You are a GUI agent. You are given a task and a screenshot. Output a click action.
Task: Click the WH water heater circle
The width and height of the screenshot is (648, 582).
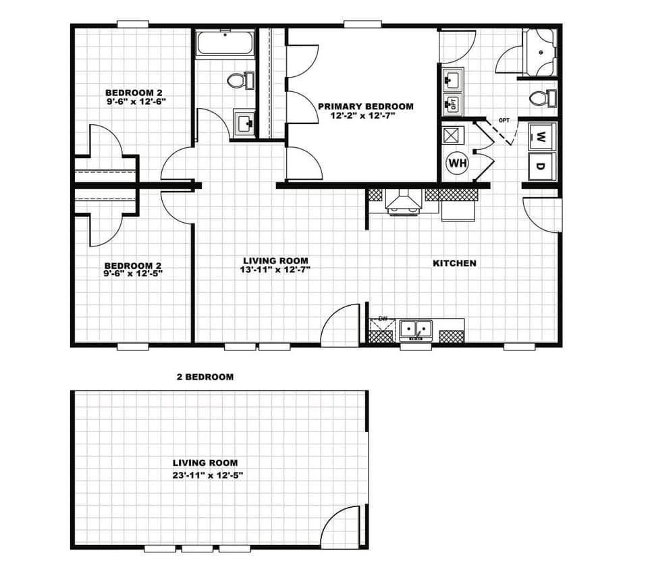[x=457, y=163]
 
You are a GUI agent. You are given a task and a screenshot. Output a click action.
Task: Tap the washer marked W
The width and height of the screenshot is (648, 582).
[x=542, y=136]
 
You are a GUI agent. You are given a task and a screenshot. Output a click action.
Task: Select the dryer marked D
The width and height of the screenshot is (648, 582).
[x=542, y=166]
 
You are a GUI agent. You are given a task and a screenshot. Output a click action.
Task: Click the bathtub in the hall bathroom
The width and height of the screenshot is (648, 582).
[x=225, y=43]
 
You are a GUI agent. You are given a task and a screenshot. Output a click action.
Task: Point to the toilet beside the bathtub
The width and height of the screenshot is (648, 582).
[x=240, y=80]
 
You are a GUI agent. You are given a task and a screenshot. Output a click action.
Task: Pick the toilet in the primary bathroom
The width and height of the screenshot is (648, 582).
[x=543, y=99]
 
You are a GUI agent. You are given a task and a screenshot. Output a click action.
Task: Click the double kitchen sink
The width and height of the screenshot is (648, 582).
[x=416, y=330]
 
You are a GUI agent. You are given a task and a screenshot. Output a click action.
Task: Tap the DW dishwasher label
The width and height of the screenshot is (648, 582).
[x=383, y=319]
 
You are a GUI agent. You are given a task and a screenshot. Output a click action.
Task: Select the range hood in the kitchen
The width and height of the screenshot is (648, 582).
[x=404, y=202]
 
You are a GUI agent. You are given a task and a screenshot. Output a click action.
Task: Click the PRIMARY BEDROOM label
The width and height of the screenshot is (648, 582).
[x=365, y=107]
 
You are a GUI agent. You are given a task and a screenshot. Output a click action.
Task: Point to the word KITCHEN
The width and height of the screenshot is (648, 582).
[x=454, y=263]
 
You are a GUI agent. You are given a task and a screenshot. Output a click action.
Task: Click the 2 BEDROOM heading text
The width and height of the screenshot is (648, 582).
[x=205, y=377]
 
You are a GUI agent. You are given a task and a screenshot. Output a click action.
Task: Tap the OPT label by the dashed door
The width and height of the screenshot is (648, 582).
[x=504, y=120]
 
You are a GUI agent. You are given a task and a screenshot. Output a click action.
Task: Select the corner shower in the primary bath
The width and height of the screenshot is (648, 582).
[x=541, y=53]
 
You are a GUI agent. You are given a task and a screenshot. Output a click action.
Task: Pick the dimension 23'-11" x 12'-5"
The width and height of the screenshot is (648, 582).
[x=207, y=475]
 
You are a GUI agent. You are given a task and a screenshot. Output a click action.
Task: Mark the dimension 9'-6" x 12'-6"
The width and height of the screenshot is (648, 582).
[x=134, y=101]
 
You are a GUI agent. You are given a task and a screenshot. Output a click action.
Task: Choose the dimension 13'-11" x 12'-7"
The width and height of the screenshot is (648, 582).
[x=275, y=269]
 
